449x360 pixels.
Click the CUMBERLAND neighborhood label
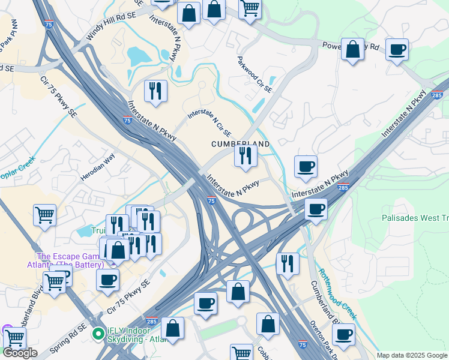coord(240,145)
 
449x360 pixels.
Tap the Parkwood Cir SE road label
coord(255,75)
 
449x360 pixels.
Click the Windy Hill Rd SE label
coord(115,22)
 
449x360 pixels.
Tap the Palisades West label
coord(415,218)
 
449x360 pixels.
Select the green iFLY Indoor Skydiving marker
coord(98,332)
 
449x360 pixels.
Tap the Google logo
coord(20,353)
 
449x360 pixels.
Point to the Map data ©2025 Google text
coord(411,355)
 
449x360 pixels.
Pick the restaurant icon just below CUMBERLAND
coord(246,156)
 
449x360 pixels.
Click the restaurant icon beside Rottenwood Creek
coord(288,263)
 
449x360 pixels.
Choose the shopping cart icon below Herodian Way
coord(45,215)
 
